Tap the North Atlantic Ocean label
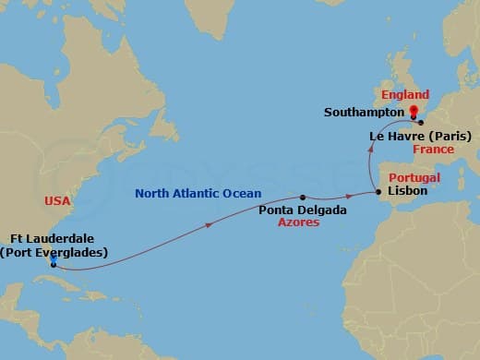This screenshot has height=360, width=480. point(198,194)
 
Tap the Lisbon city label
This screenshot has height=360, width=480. point(408,191)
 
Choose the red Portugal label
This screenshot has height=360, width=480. point(414,176)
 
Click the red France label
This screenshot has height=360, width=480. point(433,149)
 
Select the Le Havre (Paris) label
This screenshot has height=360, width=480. point(420,136)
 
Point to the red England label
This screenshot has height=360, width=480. point(405,95)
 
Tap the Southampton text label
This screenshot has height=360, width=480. point(361,113)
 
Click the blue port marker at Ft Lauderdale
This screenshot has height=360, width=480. point(53,263)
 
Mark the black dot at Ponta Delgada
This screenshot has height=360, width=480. point(302,197)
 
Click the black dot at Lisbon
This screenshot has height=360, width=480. point(378,192)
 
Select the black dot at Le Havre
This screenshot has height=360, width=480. point(420,122)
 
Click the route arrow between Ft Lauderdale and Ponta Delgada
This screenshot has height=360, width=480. point(211,223)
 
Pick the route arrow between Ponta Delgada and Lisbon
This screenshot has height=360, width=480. point(349,196)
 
